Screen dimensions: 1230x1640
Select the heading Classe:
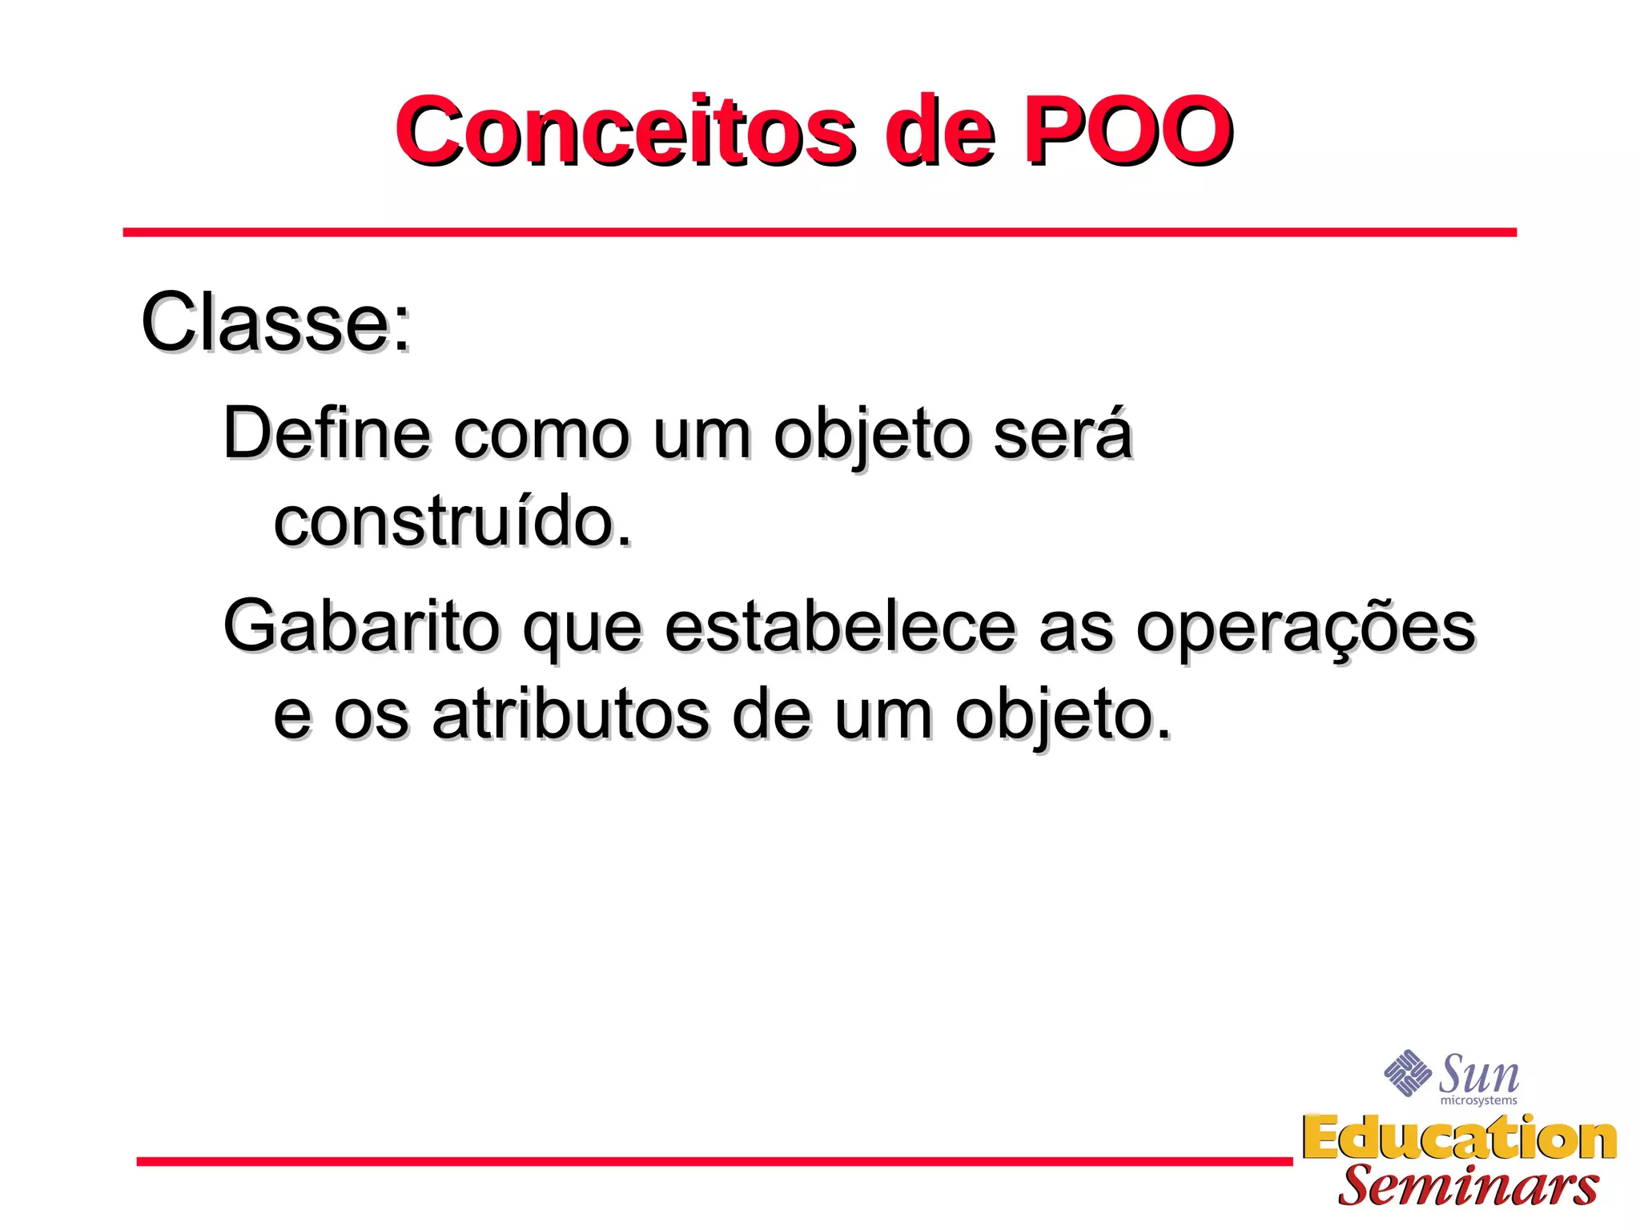tap(276, 322)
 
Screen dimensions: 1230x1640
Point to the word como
tap(542, 436)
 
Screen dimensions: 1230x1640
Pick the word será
tap(1063, 433)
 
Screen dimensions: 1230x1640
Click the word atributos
tap(571, 714)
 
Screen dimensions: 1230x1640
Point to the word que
tap(582, 633)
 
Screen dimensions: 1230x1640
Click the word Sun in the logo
tap(1479, 1075)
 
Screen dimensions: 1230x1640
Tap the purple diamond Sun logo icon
tap(1407, 1072)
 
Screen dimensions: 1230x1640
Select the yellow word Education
tap(1459, 1138)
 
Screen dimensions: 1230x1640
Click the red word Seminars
tap(1468, 1186)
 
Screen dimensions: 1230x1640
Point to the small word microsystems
tap(1478, 1101)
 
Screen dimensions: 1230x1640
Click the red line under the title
tap(819, 232)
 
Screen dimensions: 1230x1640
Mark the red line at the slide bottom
tap(713, 1160)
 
